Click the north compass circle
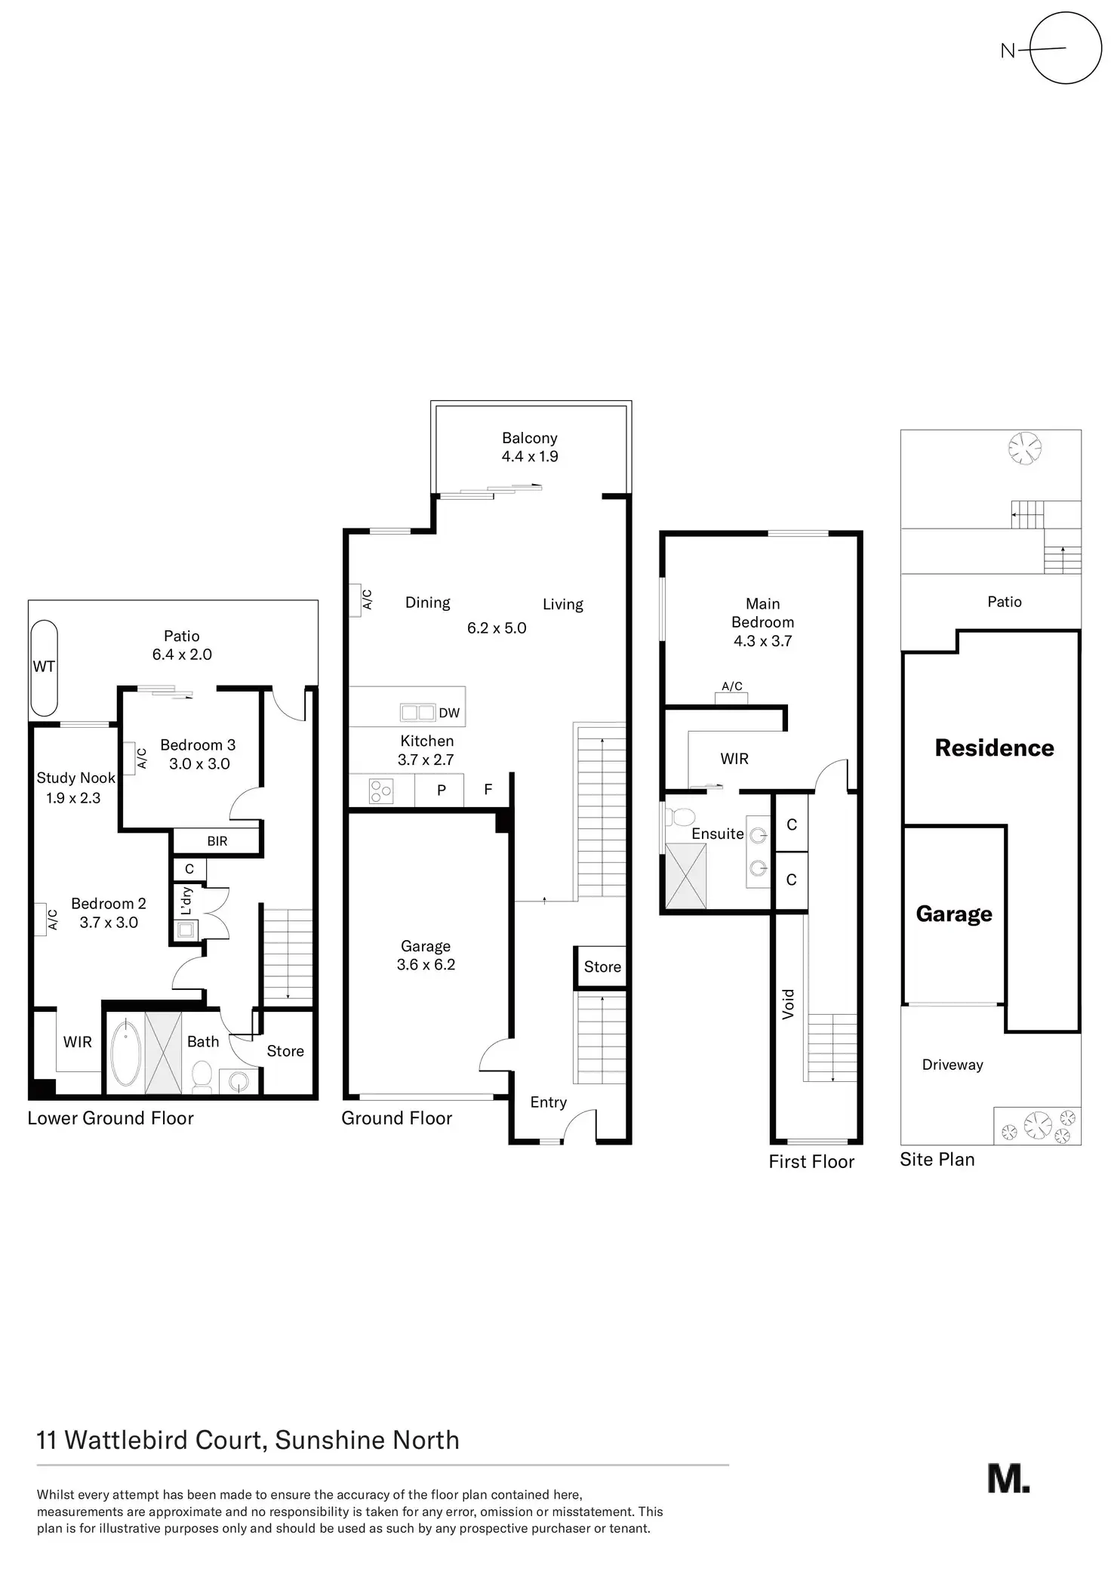(x=1065, y=48)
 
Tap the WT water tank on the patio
(x=44, y=667)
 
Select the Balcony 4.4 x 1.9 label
(x=530, y=447)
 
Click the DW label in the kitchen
(x=449, y=713)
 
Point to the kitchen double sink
(x=417, y=712)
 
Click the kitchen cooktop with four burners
(x=381, y=791)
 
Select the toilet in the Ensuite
(x=683, y=817)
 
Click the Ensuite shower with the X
(x=685, y=875)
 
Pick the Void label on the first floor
(x=789, y=1004)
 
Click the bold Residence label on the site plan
(x=994, y=747)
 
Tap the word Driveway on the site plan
(x=953, y=1065)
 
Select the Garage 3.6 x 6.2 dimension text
(x=426, y=964)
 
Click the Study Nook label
(x=75, y=778)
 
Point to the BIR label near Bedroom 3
(x=217, y=841)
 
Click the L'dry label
(x=187, y=901)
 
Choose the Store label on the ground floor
(x=602, y=966)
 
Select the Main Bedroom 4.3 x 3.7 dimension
(x=762, y=641)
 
